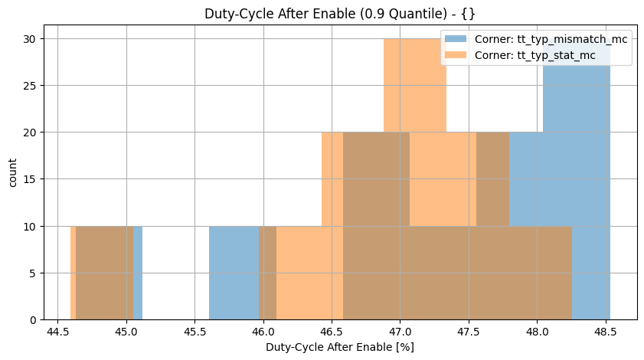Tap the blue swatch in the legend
457,40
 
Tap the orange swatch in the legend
457,56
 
